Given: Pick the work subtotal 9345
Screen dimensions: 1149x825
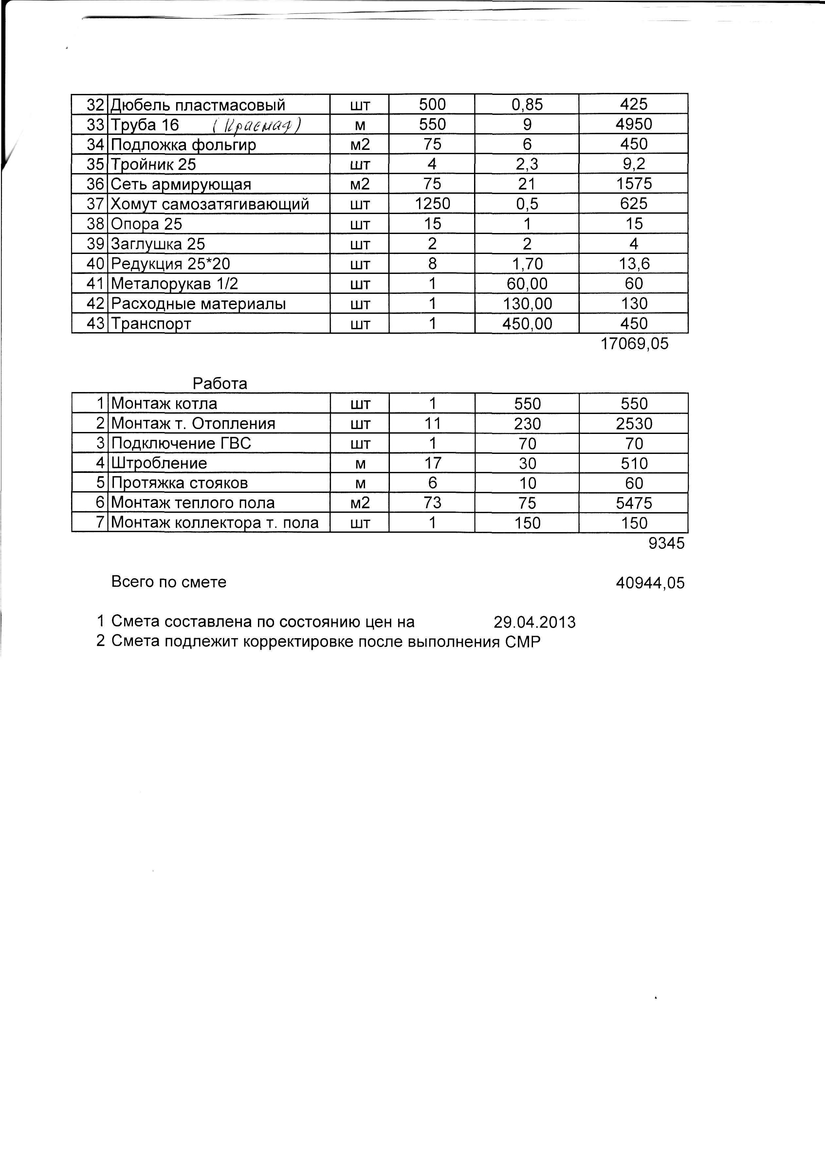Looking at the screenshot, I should (666, 543).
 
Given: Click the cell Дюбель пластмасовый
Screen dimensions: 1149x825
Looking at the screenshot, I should (198, 105).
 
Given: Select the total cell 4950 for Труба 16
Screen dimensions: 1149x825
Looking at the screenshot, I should (633, 124).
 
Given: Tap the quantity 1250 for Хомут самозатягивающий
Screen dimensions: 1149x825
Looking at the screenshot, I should (432, 204).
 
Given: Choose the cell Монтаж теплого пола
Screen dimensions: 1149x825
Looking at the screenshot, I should (192, 503).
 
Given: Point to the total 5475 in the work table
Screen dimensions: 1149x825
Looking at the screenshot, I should (633, 503).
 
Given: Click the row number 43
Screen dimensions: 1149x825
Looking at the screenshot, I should (95, 323).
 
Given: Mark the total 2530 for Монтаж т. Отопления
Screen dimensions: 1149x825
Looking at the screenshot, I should (633, 423).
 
